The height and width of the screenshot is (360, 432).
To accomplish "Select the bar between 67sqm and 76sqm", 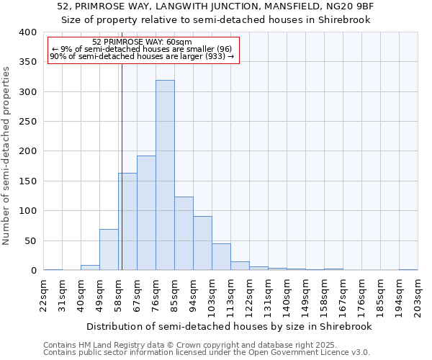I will [146, 213].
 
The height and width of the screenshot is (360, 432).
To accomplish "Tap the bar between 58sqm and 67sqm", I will [127, 222].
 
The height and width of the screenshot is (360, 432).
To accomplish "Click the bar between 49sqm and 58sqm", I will [109, 250].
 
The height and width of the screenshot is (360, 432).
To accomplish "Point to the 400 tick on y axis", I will [28, 32].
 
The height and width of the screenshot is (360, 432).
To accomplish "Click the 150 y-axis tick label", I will [28, 181].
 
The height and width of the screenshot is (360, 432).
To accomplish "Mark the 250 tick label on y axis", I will [28, 122].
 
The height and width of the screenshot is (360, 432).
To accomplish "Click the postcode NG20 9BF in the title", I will [355, 6].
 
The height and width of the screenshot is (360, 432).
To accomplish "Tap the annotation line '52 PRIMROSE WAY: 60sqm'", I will [143, 42].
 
